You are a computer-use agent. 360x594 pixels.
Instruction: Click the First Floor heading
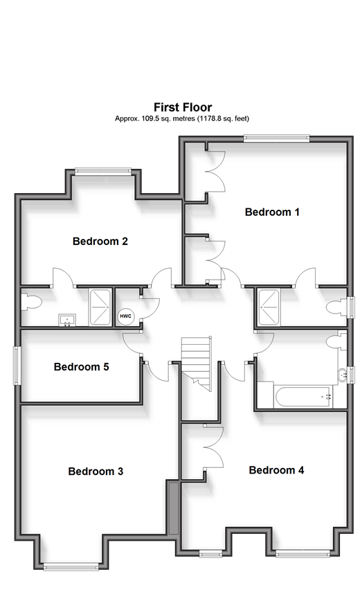tap(183, 107)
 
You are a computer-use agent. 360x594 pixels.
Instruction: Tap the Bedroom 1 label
tap(272, 212)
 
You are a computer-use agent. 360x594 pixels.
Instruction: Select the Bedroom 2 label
tap(100, 241)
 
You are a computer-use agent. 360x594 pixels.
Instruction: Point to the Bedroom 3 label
tap(96, 471)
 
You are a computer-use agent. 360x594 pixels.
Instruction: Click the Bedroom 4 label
tap(276, 470)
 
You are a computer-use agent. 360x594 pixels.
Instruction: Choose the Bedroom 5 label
tap(81, 367)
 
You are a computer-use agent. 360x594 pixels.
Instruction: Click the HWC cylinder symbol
tap(126, 316)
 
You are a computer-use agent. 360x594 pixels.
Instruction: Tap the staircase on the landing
tap(196, 363)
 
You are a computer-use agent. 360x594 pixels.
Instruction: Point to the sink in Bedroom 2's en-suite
tap(67, 320)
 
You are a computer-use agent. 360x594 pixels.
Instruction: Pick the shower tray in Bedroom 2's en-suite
tap(100, 307)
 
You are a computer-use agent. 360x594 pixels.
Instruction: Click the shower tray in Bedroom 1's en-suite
tap(269, 307)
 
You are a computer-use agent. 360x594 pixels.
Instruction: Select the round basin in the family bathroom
tap(342, 375)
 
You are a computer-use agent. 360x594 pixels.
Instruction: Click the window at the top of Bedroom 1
tap(276, 138)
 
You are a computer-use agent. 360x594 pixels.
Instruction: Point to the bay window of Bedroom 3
tap(71, 567)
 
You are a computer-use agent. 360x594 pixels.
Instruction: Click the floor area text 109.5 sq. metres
tap(168, 118)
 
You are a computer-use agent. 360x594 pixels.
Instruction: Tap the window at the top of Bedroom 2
tap(102, 171)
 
